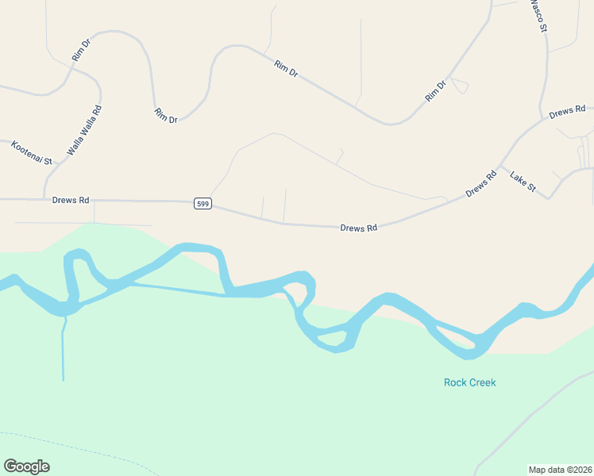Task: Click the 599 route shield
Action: (x=202, y=204)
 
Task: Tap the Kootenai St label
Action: (x=31, y=152)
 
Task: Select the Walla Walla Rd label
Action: (x=84, y=130)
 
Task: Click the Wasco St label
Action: (x=538, y=16)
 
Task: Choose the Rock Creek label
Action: (x=469, y=382)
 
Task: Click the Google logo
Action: (x=26, y=466)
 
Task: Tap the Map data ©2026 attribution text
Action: (x=559, y=469)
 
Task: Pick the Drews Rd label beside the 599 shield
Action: (x=70, y=201)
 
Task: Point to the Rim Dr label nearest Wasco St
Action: (x=437, y=90)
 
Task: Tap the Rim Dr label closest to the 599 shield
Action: (x=166, y=115)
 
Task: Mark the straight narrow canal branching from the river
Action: (x=63, y=349)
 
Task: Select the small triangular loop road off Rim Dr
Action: (x=459, y=85)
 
